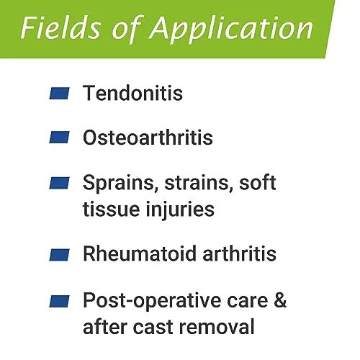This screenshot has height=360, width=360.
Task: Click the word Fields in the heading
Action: click(60, 28)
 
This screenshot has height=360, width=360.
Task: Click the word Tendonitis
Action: click(132, 93)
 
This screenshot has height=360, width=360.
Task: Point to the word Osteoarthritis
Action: click(148, 138)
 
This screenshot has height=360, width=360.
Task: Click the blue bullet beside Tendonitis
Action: click(59, 94)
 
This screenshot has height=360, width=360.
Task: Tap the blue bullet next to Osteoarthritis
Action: click(59, 138)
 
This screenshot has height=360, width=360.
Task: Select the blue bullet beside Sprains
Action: click(59, 183)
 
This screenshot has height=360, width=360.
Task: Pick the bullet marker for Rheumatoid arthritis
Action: click(59, 255)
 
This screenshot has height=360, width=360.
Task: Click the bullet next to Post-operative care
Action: click(59, 301)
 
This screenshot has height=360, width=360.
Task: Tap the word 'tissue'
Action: click(112, 209)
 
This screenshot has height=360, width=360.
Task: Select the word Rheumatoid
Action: click(140, 253)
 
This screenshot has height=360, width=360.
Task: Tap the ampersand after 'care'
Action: click(280, 300)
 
